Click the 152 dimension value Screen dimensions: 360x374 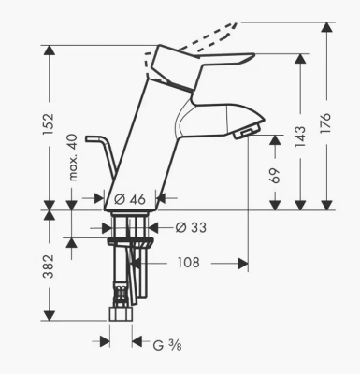click(x=49, y=124)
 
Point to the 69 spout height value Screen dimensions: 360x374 click(x=274, y=176)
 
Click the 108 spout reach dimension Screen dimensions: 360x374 click(x=188, y=263)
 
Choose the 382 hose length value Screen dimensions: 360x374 click(x=49, y=266)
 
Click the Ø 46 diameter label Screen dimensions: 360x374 click(x=130, y=199)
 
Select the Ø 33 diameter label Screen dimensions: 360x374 click(x=191, y=227)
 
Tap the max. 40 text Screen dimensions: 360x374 click(x=73, y=158)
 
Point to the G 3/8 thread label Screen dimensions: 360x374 click(x=167, y=345)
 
